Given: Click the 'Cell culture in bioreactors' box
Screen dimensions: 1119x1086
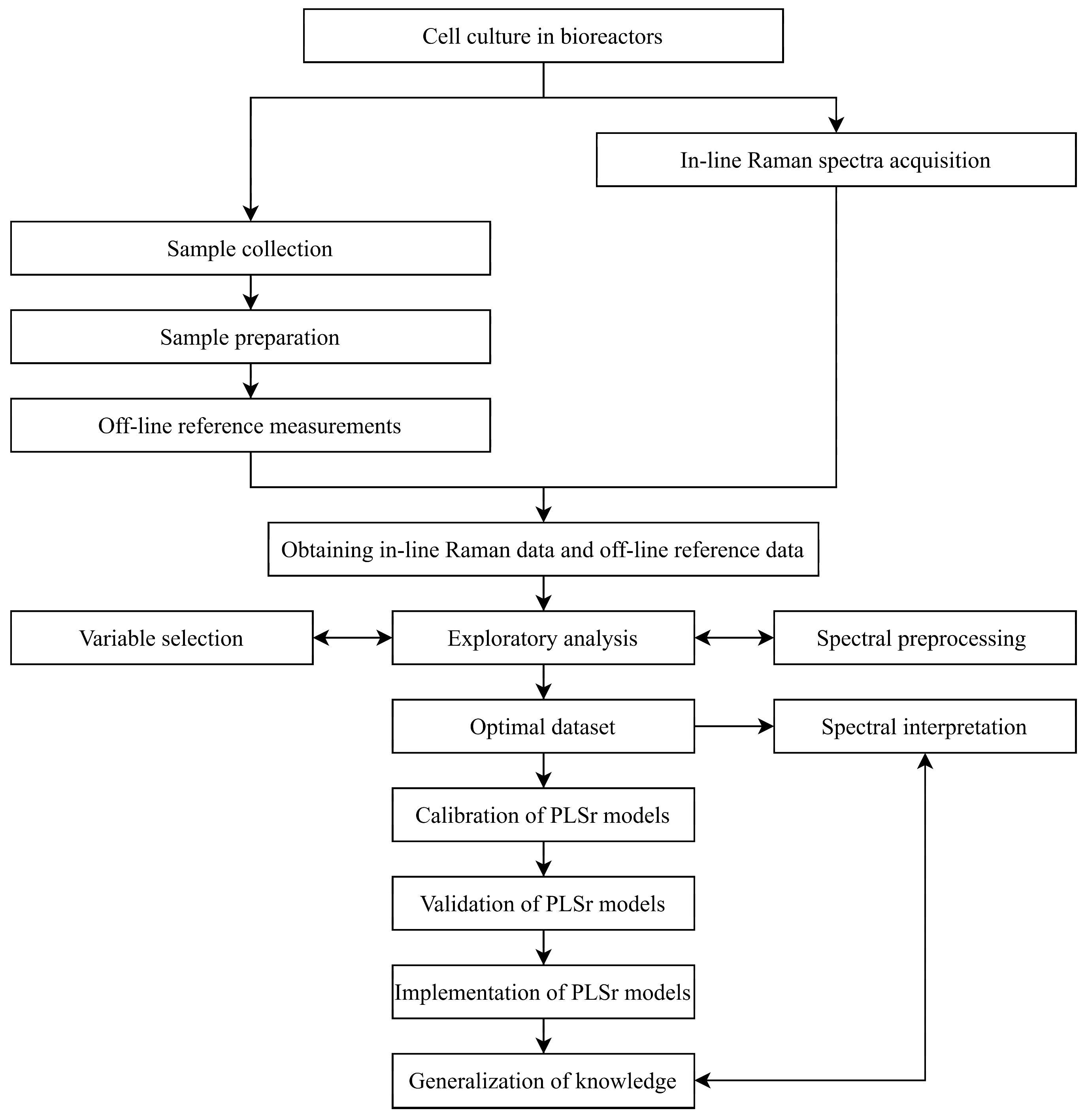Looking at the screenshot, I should (543, 36).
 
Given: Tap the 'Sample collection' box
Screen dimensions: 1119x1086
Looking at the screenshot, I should (250, 248).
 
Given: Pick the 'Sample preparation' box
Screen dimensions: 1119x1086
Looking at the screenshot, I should (250, 337).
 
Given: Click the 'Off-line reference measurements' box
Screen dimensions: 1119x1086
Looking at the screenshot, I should (250, 425).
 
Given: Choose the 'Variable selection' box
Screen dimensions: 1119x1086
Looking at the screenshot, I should (162, 638).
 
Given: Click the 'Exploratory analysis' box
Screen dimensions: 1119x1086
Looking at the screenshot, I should (543, 638).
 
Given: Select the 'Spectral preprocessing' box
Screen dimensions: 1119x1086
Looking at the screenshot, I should (924, 638).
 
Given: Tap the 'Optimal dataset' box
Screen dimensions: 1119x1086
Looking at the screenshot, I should (543, 726).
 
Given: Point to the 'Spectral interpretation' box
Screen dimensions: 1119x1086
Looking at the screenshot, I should (924, 726).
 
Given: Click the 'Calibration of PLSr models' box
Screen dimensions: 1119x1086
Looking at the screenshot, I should (543, 815).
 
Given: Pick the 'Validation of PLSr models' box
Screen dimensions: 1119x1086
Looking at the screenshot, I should (543, 903).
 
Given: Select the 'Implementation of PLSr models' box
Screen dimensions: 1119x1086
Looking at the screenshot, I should (543, 992).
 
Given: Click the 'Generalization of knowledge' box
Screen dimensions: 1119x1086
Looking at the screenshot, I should (543, 1081).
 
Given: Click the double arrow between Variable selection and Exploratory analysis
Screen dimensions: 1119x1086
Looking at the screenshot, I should (353, 638).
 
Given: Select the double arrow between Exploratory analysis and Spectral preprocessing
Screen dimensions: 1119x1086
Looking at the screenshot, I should (734, 638).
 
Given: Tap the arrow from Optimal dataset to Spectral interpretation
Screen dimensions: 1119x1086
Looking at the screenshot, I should (734, 726).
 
